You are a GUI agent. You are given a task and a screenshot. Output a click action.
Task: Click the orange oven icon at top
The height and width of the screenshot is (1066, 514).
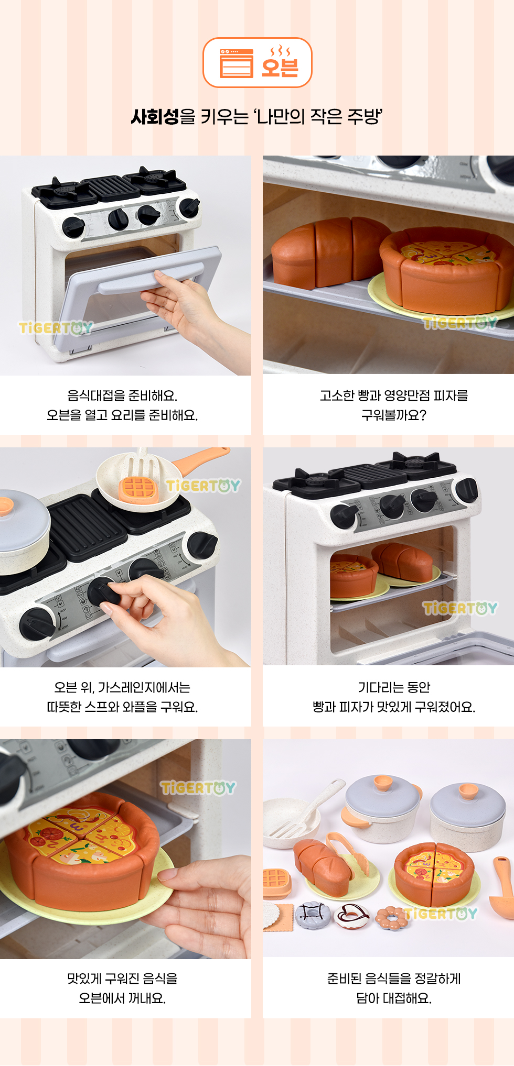point(236,63)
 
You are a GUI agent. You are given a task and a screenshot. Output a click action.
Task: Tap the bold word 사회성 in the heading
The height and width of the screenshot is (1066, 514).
point(155,116)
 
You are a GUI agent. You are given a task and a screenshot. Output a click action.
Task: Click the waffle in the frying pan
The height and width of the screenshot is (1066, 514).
point(138,489)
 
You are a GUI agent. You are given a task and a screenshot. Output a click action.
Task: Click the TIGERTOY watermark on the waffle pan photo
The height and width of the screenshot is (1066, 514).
point(204,486)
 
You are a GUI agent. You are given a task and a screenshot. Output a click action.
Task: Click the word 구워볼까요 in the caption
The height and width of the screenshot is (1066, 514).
point(394,415)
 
